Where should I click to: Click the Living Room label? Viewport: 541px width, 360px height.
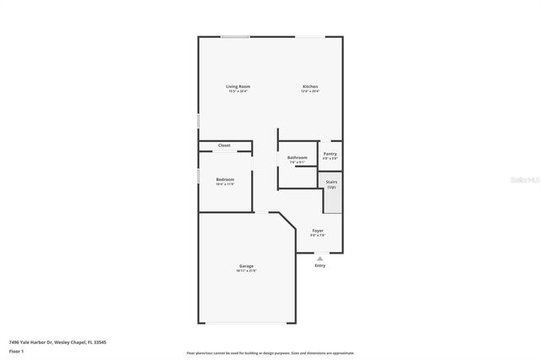[238, 86]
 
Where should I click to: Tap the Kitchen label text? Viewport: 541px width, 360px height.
[310, 86]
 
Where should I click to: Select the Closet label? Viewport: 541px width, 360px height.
[224, 145]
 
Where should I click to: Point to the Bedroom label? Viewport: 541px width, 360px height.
[224, 179]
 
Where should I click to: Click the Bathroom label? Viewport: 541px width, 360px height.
[297, 157]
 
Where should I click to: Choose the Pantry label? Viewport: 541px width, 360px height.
[330, 154]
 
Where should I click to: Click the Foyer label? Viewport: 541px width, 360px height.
[318, 231]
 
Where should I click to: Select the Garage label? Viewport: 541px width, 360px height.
[247, 267]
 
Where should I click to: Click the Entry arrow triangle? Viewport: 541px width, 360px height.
[320, 259]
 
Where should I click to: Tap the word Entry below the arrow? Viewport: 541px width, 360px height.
[320, 265]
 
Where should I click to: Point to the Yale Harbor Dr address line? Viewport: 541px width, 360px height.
[57, 342]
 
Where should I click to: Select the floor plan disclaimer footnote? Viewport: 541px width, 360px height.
[270, 352]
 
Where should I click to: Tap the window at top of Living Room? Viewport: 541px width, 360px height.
[235, 37]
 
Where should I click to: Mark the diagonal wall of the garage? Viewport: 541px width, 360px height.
[288, 221]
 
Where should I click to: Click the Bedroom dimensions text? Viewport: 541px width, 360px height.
[224, 184]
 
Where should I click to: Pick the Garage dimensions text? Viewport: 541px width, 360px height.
[247, 271]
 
